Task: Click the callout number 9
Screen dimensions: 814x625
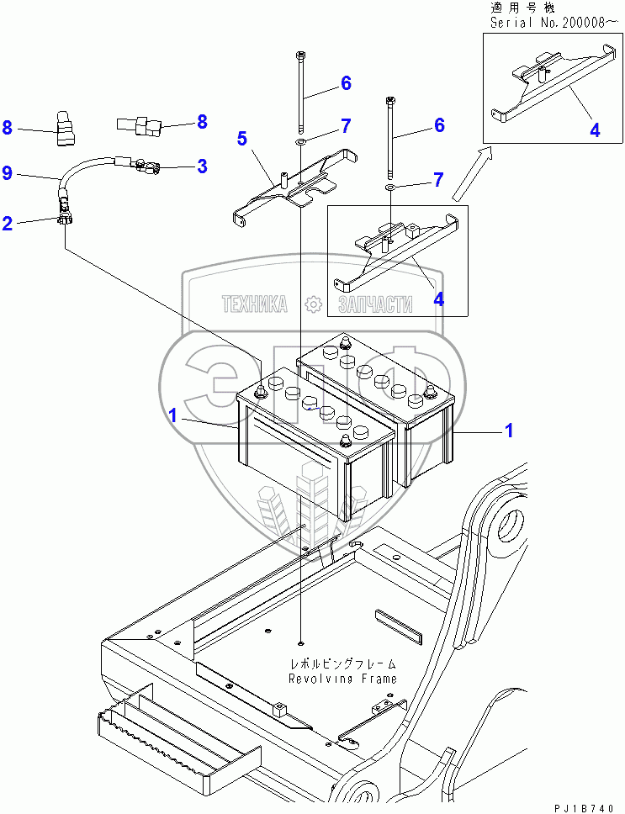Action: [x=8, y=174]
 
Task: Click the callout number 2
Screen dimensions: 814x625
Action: [x=8, y=224]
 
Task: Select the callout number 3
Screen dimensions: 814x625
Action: [x=202, y=166]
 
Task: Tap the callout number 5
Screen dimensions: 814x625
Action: [x=243, y=137]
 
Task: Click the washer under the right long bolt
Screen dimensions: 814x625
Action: [x=390, y=184]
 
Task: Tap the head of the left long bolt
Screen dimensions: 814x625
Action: [x=301, y=56]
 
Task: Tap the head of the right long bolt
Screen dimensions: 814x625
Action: [x=390, y=102]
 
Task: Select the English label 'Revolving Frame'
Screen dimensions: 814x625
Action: [x=342, y=678]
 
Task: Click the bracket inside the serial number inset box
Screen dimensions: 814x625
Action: [x=547, y=84]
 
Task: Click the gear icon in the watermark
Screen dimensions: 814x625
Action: [x=313, y=304]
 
